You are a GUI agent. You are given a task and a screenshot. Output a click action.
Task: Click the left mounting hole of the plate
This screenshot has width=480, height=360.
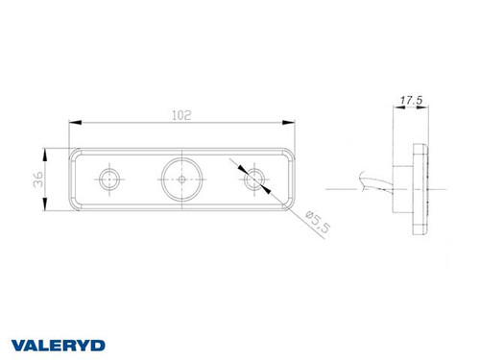109,178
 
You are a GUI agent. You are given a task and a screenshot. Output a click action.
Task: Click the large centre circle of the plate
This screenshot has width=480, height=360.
180,178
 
